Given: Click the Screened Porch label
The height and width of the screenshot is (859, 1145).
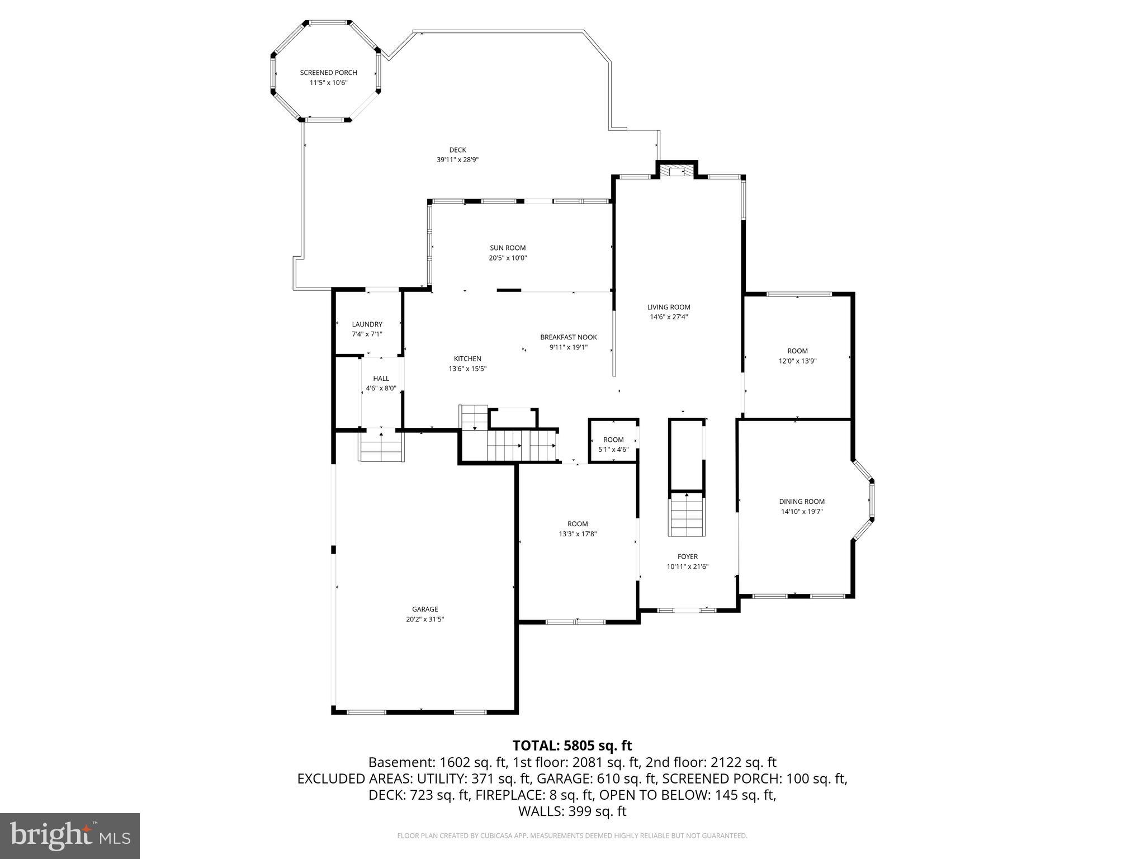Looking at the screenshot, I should [x=328, y=73].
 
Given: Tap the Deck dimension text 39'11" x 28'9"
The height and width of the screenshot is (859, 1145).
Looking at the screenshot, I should [x=457, y=160].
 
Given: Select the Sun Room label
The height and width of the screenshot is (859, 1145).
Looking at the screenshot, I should [x=508, y=248].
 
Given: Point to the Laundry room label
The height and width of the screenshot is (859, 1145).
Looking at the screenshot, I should [x=367, y=324].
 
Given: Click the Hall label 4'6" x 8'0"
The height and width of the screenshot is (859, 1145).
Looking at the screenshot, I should [x=381, y=383].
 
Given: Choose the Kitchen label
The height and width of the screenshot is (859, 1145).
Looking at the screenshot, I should [x=467, y=359].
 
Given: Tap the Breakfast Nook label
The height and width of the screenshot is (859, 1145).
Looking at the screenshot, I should [x=568, y=337].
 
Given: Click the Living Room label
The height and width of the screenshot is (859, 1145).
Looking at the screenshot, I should [x=669, y=307].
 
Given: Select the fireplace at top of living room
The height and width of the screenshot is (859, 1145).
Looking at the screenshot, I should [x=677, y=170].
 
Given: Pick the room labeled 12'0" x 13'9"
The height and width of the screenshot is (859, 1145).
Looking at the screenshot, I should [x=797, y=356].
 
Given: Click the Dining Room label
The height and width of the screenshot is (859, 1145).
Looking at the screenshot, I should [x=802, y=502].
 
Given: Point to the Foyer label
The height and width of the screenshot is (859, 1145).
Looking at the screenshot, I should [x=687, y=556].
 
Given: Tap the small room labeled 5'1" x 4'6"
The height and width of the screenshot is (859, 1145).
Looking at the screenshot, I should [x=613, y=445].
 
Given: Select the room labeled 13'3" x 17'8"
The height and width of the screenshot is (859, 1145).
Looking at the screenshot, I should [x=578, y=528].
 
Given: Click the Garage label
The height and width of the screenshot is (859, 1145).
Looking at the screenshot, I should [x=425, y=610].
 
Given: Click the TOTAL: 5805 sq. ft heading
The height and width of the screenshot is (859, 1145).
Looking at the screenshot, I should [x=572, y=745].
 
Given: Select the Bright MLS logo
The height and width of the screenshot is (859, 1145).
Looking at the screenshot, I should [x=70, y=836].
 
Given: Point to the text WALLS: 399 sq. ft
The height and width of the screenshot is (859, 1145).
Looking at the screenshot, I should [x=572, y=811].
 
